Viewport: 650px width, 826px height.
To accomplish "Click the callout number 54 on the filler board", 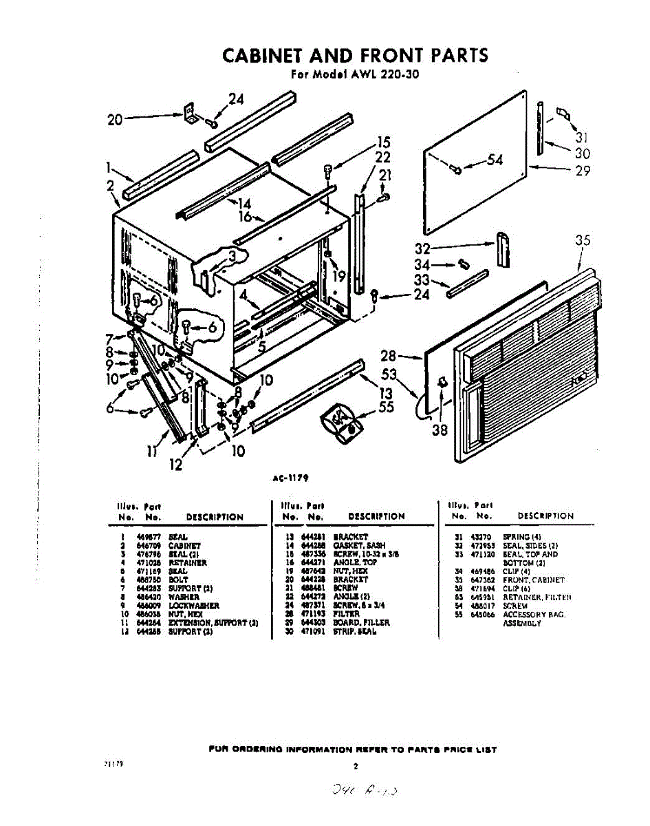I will (495, 161).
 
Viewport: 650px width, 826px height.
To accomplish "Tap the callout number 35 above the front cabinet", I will (583, 240).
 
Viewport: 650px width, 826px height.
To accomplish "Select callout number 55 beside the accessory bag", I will (387, 408).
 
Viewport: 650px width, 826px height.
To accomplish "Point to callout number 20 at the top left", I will (115, 120).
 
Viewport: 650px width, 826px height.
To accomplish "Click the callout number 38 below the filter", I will (439, 431).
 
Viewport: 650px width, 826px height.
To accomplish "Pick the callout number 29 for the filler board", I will (583, 170).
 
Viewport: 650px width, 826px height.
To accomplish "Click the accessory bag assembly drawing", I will (343, 421).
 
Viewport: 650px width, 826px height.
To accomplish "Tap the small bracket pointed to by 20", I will (190, 113).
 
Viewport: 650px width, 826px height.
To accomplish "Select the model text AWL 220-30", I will (380, 74).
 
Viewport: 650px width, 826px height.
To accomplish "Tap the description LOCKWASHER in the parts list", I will (193, 606).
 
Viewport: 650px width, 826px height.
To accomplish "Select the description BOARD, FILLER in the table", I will (361, 623).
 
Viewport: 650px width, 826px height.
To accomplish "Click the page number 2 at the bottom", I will (356, 765).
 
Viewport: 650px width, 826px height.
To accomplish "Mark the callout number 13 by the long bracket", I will (386, 392).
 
